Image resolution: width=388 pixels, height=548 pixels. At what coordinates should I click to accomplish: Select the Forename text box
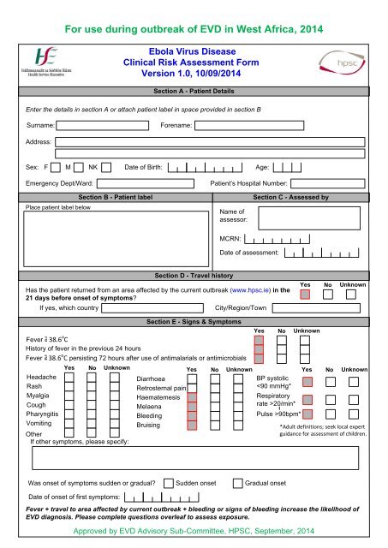point(283,125)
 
